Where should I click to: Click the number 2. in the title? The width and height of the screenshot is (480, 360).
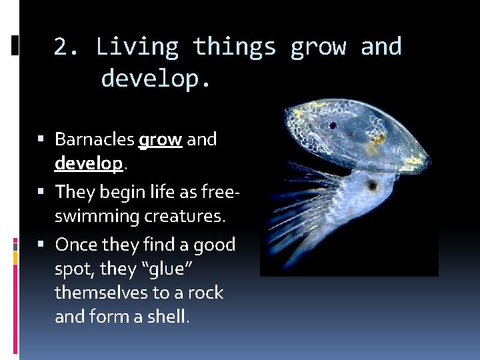click(x=67, y=47)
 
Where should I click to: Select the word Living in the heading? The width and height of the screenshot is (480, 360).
click(x=137, y=47)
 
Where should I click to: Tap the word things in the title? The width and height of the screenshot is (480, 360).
click(x=234, y=47)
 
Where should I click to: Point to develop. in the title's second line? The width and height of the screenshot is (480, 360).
click(x=156, y=79)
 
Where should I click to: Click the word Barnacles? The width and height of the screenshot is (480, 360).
click(x=94, y=139)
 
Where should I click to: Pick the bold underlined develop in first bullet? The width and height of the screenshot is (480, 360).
click(x=89, y=164)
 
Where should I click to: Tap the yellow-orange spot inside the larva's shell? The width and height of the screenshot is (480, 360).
click(x=378, y=138)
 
